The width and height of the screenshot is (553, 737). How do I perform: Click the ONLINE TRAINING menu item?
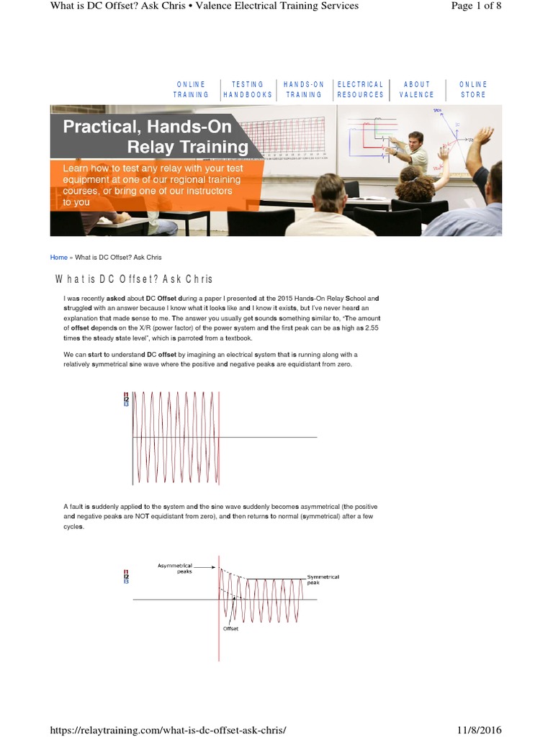tap(191, 89)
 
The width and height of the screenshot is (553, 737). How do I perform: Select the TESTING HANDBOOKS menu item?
tap(248, 89)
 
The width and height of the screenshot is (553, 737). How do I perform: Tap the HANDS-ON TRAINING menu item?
tap(304, 89)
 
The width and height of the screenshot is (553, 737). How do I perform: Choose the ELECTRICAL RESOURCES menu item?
tap(360, 89)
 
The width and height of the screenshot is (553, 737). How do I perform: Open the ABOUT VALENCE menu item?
tap(417, 89)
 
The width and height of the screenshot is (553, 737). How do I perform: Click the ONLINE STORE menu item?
tap(473, 89)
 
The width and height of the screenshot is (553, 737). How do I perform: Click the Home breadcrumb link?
tap(58, 257)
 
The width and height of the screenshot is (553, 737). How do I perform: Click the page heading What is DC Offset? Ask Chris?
tap(134, 279)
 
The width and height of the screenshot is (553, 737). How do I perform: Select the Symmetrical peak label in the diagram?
tap(323, 579)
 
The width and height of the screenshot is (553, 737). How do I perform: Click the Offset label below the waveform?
tap(230, 628)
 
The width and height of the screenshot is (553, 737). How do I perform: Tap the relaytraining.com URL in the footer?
tap(168, 730)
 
